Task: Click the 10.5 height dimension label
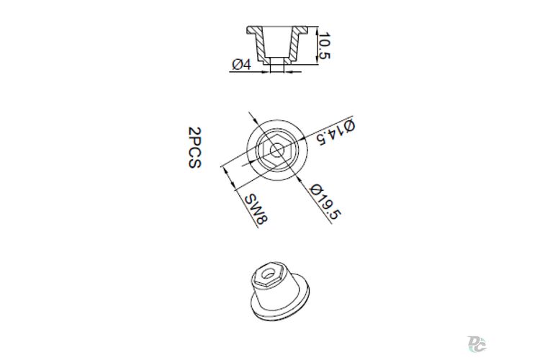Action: pyautogui.click(x=324, y=46)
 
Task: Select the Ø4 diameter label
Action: pyautogui.click(x=241, y=64)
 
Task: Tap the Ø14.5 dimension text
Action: pyautogui.click(x=336, y=132)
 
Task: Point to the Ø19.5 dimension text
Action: pyautogui.click(x=325, y=202)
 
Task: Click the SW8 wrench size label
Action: pyautogui.click(x=256, y=209)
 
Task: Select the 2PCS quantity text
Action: pyautogui.click(x=194, y=148)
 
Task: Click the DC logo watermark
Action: pyautogui.click(x=477, y=344)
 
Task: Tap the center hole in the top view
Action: pyautogui.click(x=277, y=150)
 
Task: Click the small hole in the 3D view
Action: pyautogui.click(x=267, y=274)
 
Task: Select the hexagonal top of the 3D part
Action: pyautogui.click(x=267, y=274)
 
